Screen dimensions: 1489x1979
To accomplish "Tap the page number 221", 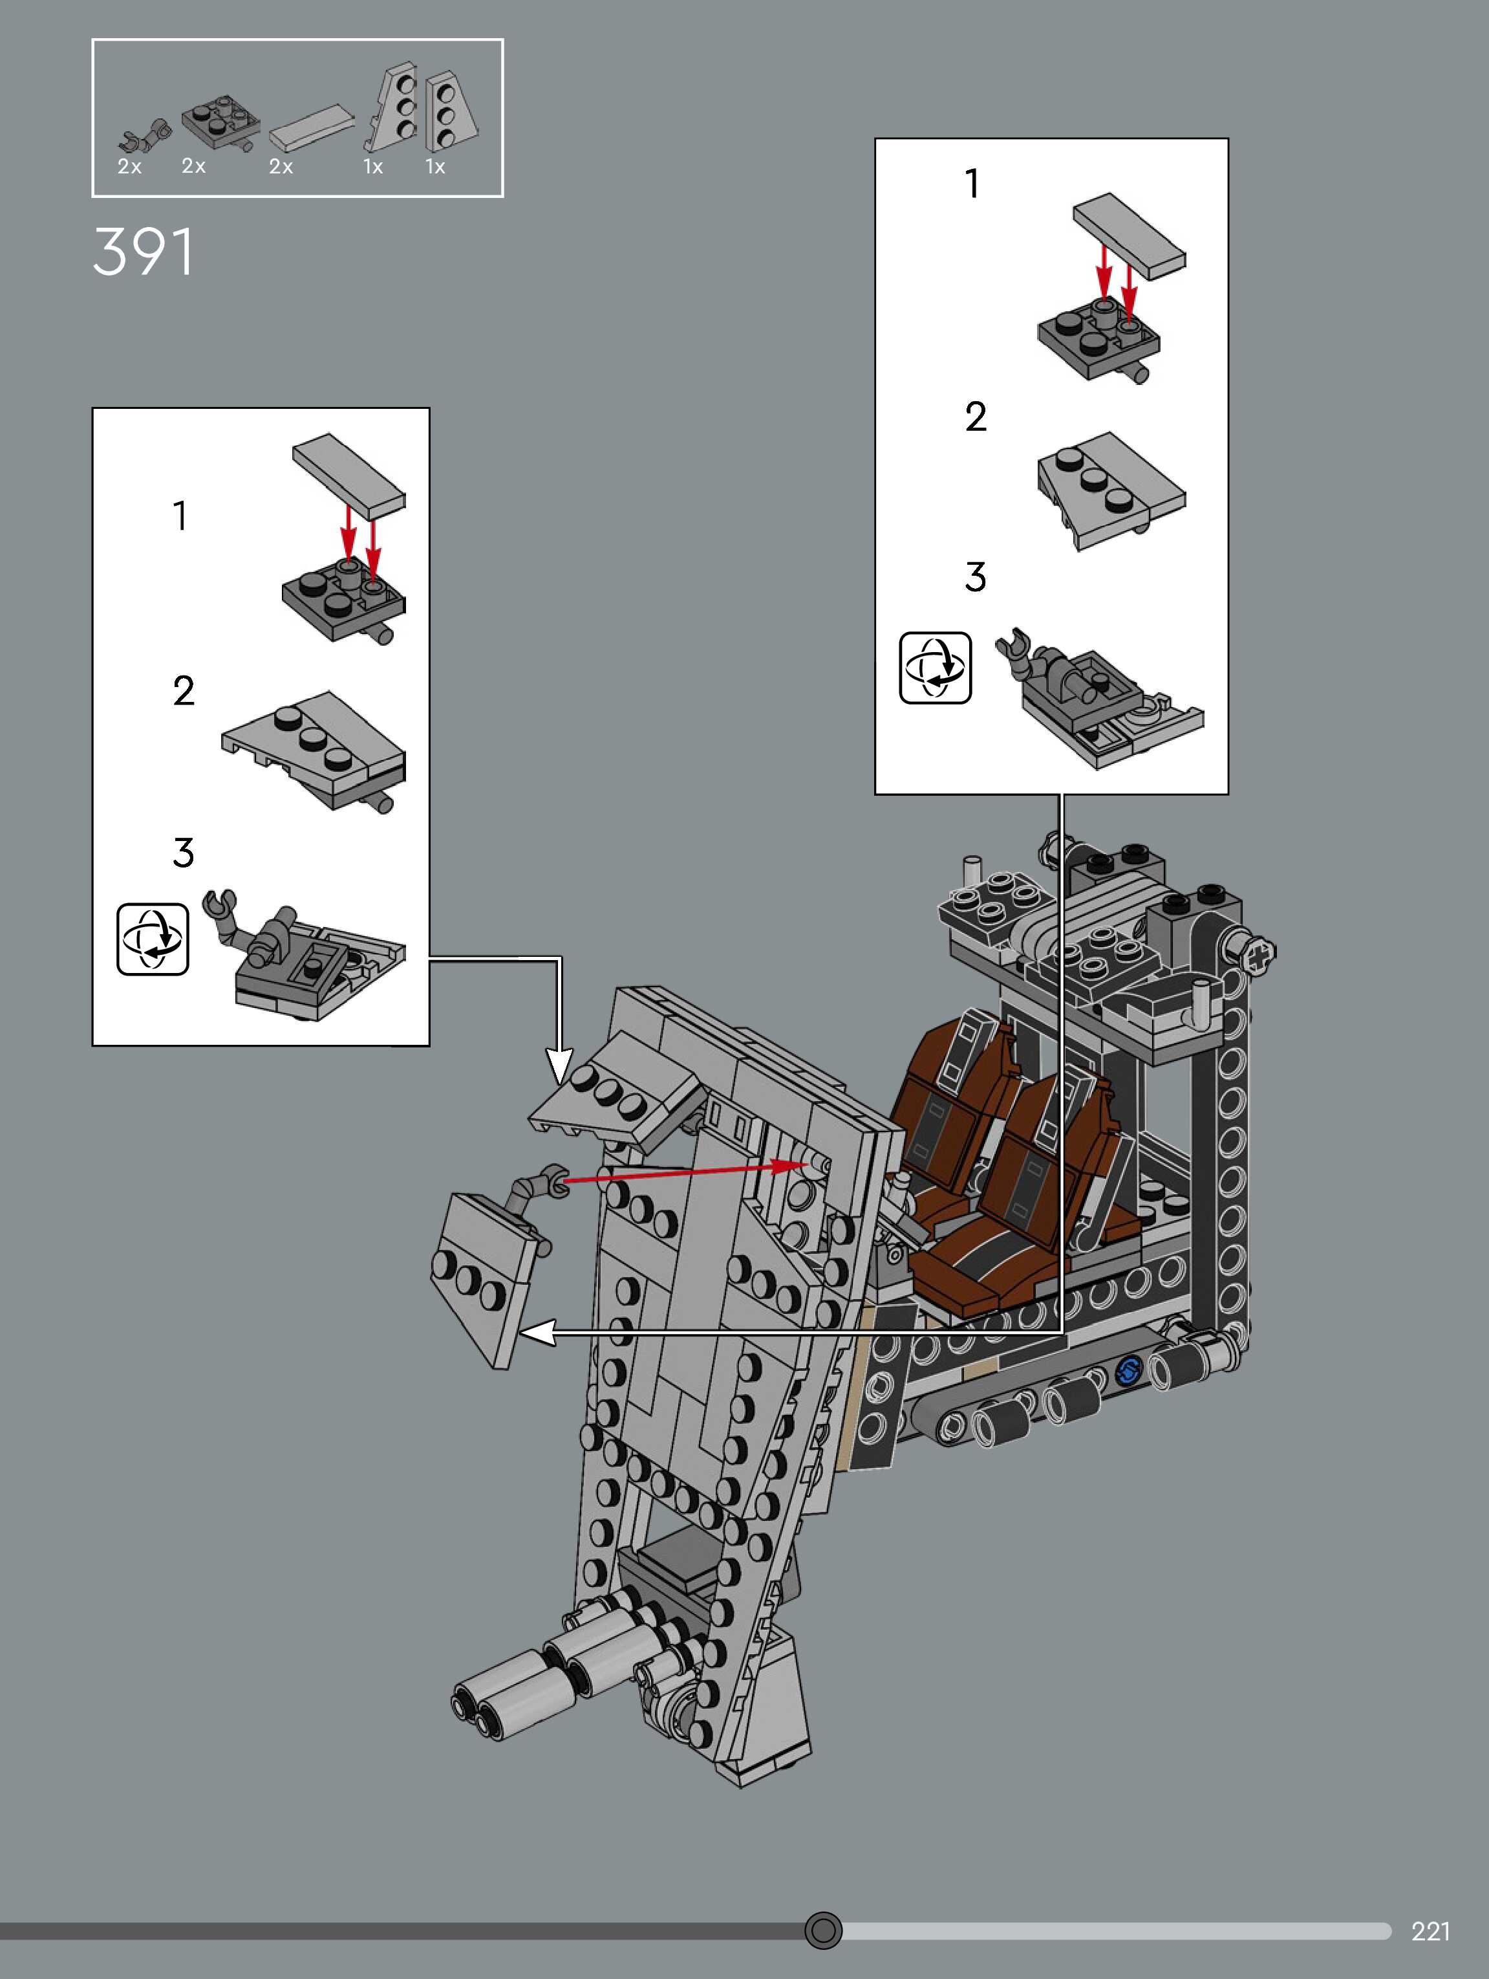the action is tap(1430, 1930).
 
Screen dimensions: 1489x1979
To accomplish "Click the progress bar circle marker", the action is tap(823, 1930).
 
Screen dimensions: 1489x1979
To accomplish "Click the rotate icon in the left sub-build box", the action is tap(152, 939).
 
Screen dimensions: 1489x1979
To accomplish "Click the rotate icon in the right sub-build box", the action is tap(934, 668).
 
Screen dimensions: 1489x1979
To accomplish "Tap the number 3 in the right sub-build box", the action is tap(975, 577).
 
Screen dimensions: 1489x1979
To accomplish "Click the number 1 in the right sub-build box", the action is tap(972, 184).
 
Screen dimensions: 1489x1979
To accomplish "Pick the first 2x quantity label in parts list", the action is tap(130, 166).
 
